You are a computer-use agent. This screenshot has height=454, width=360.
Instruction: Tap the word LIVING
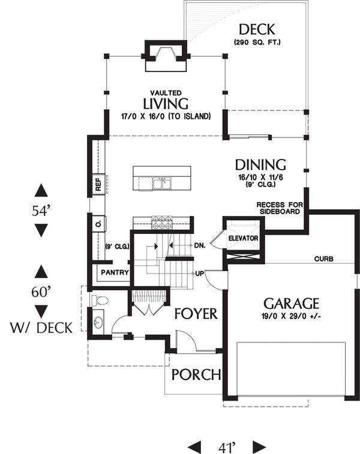pyautogui.click(x=166, y=104)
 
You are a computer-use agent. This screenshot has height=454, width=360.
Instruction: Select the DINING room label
pyautogui.click(x=260, y=165)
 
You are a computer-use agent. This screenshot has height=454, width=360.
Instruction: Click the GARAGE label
pyautogui.click(x=291, y=303)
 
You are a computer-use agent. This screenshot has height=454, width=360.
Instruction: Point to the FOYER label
pyautogui.click(x=196, y=314)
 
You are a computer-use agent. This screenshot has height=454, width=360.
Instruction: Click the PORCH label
pyautogui.click(x=196, y=375)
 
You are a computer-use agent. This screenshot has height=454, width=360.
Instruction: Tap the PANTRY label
pyautogui.click(x=115, y=272)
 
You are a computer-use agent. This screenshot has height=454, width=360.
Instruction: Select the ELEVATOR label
pyautogui.click(x=243, y=238)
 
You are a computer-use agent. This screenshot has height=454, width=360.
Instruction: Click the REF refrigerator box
pyautogui.click(x=98, y=184)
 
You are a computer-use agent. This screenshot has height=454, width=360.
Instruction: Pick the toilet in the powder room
pyautogui.click(x=100, y=300)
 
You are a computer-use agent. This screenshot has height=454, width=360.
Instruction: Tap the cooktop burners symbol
pyautogui.click(x=162, y=223)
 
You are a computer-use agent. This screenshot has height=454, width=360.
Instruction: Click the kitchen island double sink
pyautogui.click(x=162, y=184)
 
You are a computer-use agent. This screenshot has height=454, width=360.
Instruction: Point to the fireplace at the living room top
pyautogui.click(x=166, y=56)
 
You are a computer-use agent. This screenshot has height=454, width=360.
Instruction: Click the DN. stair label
pyautogui.click(x=200, y=245)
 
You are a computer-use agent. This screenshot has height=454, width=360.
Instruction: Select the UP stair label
pyautogui.click(x=200, y=273)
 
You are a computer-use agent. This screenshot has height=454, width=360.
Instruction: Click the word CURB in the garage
pyautogui.click(x=324, y=258)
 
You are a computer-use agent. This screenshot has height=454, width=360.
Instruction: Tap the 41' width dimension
pyautogui.click(x=227, y=447)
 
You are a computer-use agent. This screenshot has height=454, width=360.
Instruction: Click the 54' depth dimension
pyautogui.click(x=41, y=211)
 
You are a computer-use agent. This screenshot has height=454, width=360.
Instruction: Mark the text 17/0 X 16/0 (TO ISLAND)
pyautogui.click(x=166, y=116)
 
